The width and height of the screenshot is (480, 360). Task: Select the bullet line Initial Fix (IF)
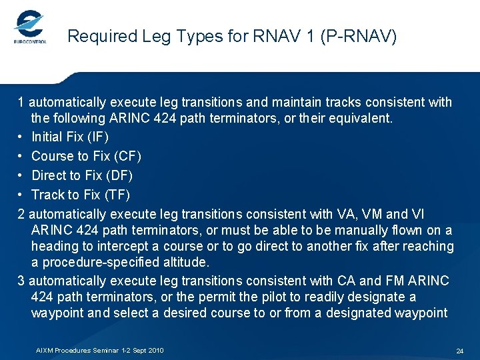[70, 137]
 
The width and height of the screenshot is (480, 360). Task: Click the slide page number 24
[459, 351]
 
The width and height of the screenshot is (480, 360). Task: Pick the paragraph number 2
[21, 214]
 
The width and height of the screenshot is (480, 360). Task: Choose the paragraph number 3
[21, 281]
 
